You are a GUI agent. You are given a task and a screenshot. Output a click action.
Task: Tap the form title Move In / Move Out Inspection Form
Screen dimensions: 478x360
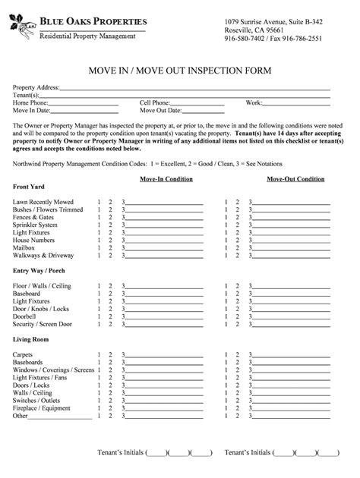[179, 71]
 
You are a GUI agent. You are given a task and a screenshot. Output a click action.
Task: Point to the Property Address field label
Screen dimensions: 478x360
[36, 88]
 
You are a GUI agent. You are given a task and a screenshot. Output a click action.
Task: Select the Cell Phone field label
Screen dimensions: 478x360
[155, 102]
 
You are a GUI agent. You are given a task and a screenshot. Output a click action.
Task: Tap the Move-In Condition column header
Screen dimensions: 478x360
[166, 179]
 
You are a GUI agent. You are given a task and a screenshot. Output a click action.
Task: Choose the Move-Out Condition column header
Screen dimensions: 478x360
[295, 179]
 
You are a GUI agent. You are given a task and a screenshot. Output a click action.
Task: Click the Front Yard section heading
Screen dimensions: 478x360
[29, 187]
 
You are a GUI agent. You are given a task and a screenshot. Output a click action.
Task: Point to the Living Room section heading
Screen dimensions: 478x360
[30, 339]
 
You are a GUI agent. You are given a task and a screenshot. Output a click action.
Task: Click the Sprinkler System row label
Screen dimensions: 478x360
[35, 225]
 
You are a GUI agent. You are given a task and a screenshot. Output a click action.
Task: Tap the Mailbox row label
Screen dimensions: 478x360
[24, 247]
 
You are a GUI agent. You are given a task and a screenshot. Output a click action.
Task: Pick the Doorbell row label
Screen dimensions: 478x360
[25, 316]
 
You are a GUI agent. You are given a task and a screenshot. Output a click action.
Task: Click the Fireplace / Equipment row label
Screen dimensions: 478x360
[42, 407]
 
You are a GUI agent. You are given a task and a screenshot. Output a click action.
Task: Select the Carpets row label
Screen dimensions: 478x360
[23, 354]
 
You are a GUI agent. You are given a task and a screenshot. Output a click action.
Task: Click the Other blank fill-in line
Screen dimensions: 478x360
[61, 417]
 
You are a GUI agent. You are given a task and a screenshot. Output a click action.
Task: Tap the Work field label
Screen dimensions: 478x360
[254, 102]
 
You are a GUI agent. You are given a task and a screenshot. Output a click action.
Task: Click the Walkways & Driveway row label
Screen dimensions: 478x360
[43, 255]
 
